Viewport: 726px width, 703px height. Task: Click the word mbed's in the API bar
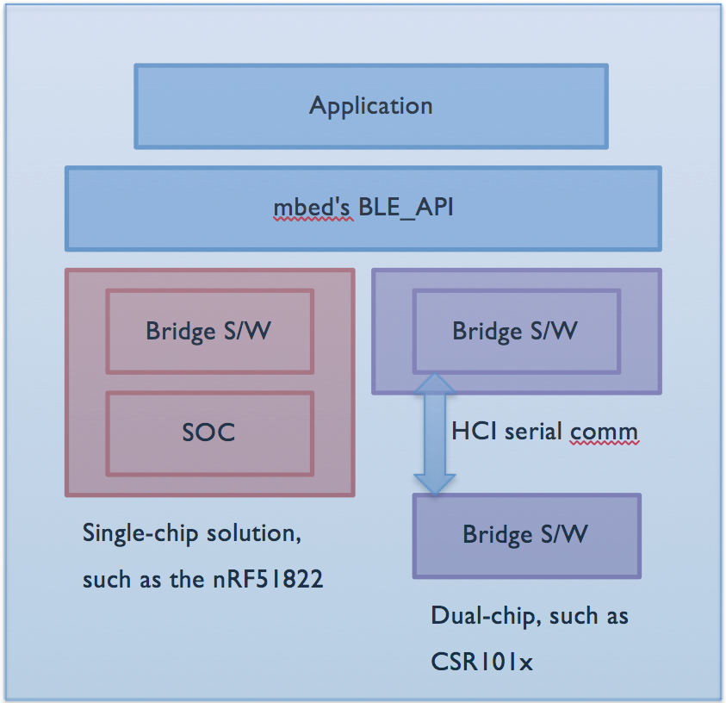click(x=310, y=209)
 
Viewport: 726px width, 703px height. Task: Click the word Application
click(x=371, y=106)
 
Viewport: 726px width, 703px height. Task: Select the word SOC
click(x=208, y=432)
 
